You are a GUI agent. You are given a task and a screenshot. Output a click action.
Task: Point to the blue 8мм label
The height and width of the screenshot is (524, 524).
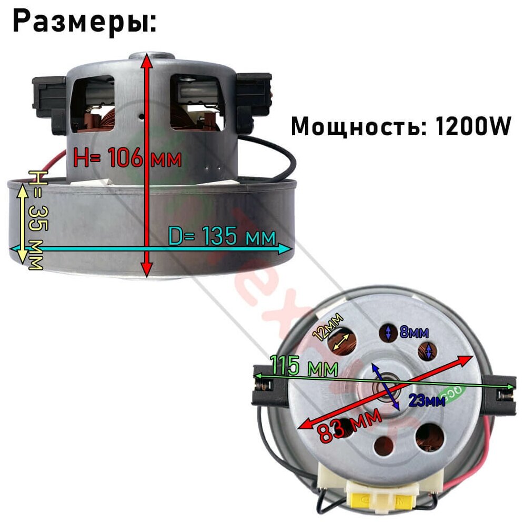[414, 332]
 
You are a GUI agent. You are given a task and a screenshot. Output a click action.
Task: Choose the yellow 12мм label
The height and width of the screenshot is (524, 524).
[328, 326]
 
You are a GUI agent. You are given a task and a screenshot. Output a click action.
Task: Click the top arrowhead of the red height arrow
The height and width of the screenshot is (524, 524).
[147, 59]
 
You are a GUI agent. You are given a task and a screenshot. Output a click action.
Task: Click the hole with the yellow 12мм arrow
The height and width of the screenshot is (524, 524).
[342, 342]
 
